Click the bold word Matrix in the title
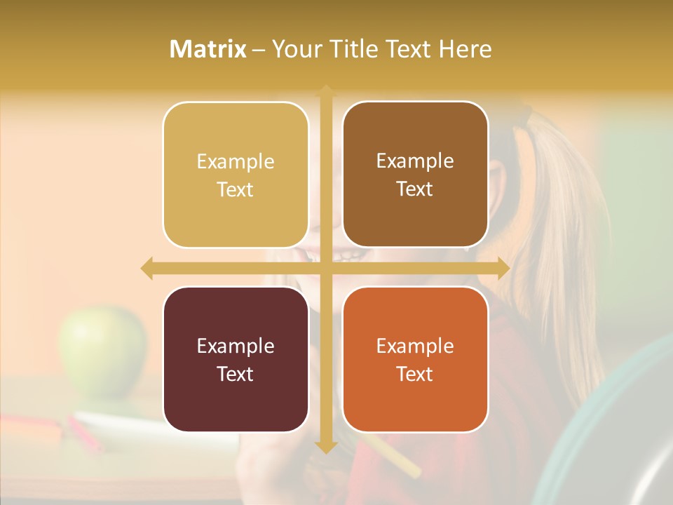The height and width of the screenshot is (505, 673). [208, 49]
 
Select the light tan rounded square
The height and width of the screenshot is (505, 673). [236, 175]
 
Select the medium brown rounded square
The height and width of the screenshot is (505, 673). [415, 174]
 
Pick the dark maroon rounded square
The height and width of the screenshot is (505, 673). [236, 359]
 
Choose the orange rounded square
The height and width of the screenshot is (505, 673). [415, 359]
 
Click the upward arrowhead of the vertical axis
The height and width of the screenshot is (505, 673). [326, 90]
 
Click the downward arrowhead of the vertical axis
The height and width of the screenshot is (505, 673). [326, 446]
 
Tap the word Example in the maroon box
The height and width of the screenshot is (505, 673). [236, 346]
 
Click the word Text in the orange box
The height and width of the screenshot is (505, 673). [415, 374]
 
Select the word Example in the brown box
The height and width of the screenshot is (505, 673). [415, 161]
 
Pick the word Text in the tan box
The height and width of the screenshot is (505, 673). [236, 189]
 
